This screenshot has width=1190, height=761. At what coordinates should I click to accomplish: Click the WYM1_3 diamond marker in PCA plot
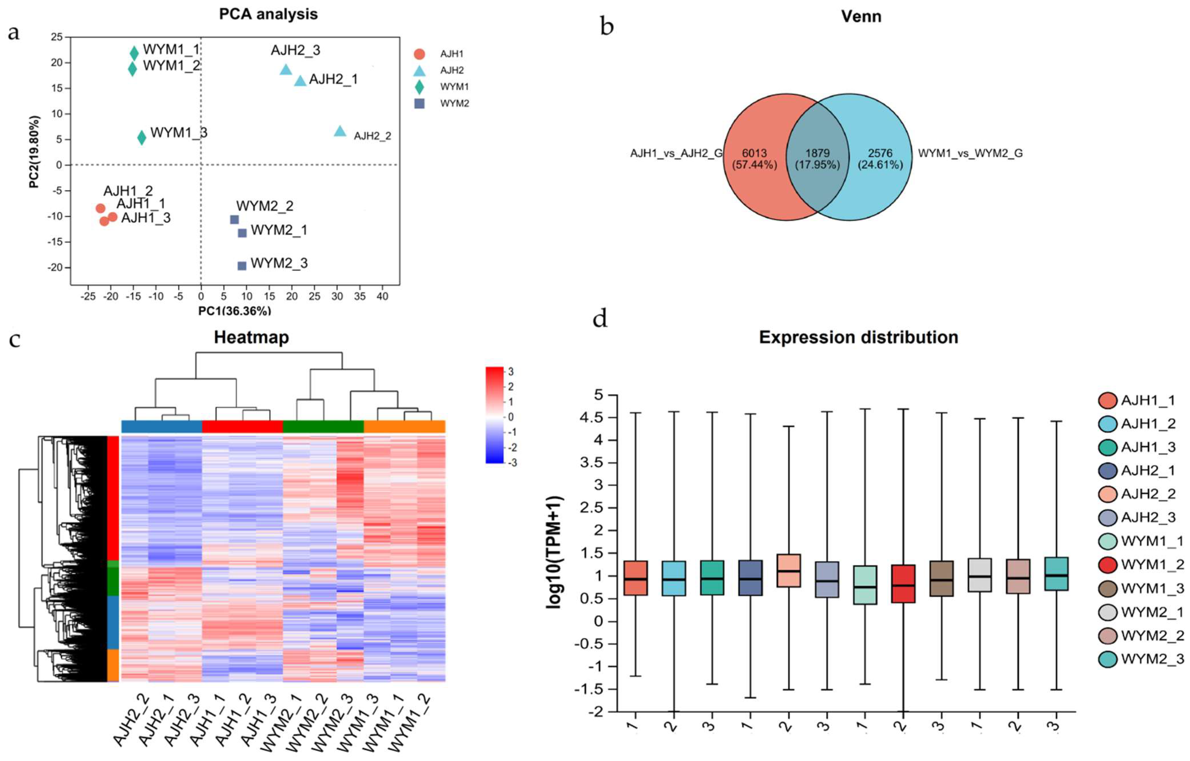141,137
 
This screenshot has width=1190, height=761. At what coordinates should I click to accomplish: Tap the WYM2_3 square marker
242,266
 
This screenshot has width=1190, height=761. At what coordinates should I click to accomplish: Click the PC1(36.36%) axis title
235,311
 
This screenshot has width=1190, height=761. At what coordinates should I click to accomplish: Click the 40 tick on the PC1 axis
382,297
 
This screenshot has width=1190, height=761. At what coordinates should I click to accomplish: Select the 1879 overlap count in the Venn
817,153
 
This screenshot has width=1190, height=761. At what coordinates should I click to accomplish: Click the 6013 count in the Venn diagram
754,153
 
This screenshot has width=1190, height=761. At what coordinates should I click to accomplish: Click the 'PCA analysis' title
268,14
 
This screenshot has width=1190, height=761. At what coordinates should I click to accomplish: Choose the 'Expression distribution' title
858,337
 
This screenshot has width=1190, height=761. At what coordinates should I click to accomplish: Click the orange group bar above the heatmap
404,426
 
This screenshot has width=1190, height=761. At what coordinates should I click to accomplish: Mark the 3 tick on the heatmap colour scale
511,371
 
